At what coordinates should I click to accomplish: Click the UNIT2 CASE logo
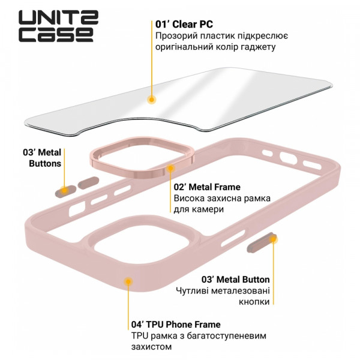[x=58, y=26]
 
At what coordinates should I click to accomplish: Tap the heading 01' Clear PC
[x=184, y=25]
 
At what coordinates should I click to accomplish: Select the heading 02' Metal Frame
[x=207, y=187]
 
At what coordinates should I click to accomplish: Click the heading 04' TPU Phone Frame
[x=176, y=325]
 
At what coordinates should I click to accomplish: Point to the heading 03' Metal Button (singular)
[x=236, y=280]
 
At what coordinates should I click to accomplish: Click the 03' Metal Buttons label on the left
[x=42, y=158]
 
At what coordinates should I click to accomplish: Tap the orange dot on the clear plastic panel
[x=151, y=100]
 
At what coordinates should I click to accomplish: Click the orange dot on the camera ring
[x=170, y=168]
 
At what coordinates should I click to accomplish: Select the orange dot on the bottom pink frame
[x=128, y=281]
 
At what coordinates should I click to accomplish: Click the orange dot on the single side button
[x=273, y=239]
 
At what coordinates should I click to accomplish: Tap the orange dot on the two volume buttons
[x=65, y=190]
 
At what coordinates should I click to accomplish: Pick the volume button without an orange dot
[x=88, y=183]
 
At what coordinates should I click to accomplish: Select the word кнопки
[x=254, y=301]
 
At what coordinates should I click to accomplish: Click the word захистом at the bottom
[x=152, y=346]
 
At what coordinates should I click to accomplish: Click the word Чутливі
[x=193, y=290]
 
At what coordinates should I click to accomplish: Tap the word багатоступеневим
[x=226, y=335]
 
